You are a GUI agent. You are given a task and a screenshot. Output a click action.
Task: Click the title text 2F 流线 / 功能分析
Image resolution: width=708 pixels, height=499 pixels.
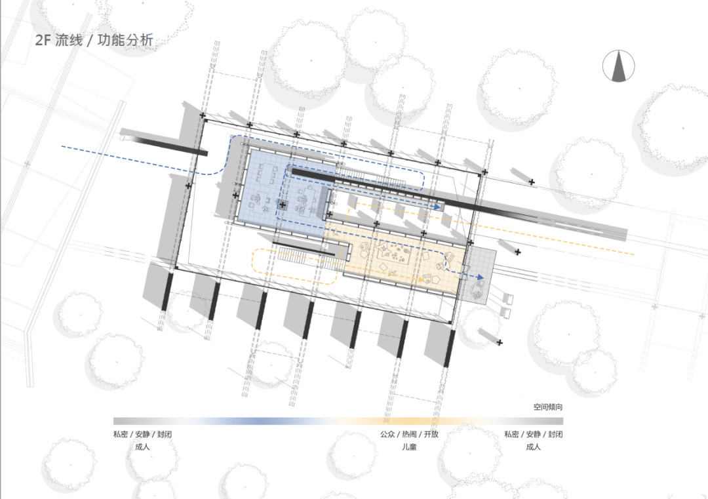[x=94, y=40]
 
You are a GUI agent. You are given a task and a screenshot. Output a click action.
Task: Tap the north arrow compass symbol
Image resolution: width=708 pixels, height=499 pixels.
[x=618, y=66]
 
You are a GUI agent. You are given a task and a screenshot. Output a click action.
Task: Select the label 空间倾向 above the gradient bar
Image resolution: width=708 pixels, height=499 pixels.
[x=547, y=407]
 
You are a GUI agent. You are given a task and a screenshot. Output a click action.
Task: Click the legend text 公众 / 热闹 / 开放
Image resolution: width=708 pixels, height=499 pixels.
[x=409, y=434]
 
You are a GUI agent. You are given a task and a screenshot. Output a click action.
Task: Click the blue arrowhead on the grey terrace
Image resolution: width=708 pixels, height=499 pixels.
[x=481, y=277]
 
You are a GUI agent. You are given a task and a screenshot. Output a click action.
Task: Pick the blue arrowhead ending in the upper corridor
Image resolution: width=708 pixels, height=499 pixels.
[x=437, y=206]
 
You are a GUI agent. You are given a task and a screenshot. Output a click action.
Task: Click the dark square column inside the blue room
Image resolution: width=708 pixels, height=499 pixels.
[x=283, y=205]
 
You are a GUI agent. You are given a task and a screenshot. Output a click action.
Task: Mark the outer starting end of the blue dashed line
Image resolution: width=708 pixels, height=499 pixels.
[x=62, y=146]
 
